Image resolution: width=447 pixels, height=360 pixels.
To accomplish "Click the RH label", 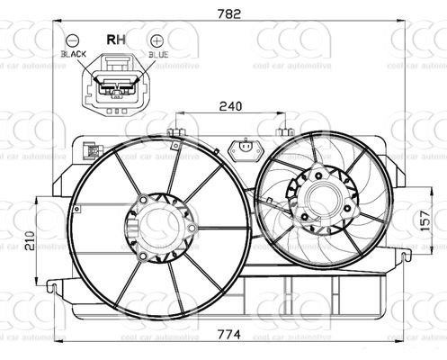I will [x=117, y=40].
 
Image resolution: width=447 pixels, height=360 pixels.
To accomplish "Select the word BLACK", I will [x=74, y=55].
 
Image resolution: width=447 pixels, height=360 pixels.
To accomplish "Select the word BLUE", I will [x=159, y=55].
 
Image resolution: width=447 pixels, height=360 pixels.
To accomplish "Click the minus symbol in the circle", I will [x=73, y=40].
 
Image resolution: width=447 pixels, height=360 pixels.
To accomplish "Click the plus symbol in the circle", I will [x=157, y=40].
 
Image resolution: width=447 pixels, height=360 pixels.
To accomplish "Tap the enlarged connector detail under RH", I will [x=115, y=83].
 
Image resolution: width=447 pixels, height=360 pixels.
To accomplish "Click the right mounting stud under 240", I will [x=287, y=132].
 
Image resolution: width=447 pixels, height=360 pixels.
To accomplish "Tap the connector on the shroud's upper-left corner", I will [x=91, y=152].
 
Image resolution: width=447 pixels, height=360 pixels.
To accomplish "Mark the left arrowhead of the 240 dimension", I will [x=181, y=115].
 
